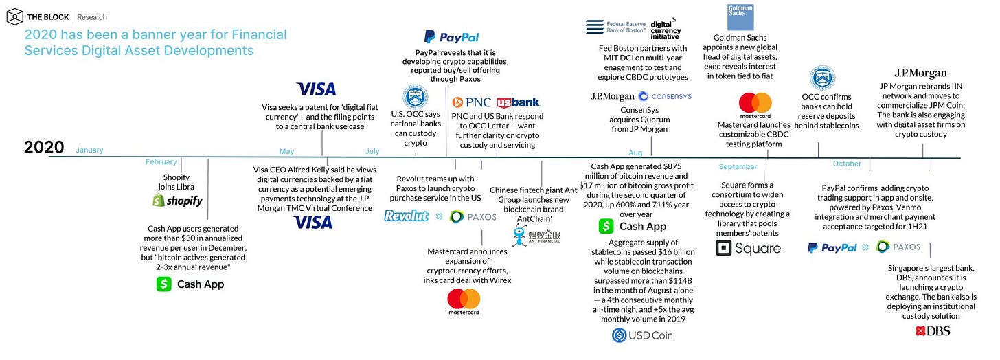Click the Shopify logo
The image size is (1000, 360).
tap(177, 201)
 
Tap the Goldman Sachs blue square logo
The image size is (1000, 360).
tap(740, 17)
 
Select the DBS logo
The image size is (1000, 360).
tap(932, 331)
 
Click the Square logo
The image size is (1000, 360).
tap(748, 248)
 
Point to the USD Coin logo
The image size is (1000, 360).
tap(642, 335)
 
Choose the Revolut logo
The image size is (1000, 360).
tap(407, 216)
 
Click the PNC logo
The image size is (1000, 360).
tap(471, 102)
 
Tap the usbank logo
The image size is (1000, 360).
tap(518, 102)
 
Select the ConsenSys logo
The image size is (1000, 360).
tap(665, 96)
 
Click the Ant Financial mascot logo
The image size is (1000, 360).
tap(520, 236)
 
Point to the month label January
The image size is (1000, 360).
tap(89, 150)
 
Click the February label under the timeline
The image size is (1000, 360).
tap(161, 161)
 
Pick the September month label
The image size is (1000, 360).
tap(738, 166)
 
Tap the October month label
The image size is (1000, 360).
tap(847, 164)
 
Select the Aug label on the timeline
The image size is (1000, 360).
tap(635, 153)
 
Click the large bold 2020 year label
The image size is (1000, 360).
tap(44, 147)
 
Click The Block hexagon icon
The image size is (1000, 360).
tap(14, 17)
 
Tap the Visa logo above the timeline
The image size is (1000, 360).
tap(316, 89)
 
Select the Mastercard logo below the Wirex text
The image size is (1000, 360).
tap(464, 302)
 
